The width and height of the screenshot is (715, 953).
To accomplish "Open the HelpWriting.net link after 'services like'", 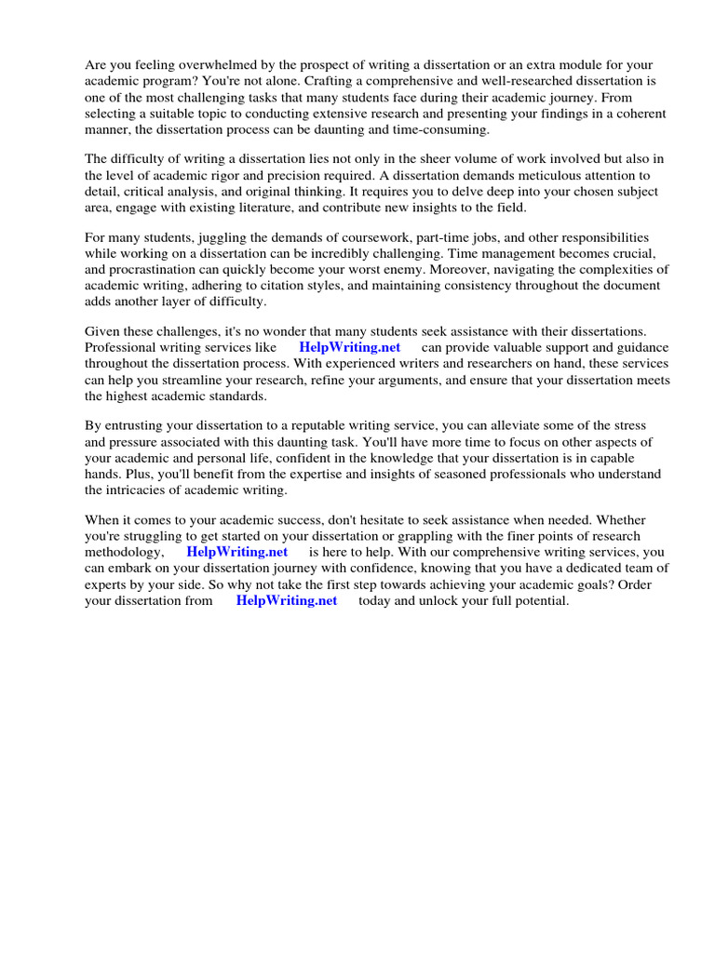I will [x=349, y=348].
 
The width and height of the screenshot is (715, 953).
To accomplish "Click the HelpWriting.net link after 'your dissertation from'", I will [x=286, y=599].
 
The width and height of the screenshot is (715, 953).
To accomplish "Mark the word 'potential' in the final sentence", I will [x=536, y=599].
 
